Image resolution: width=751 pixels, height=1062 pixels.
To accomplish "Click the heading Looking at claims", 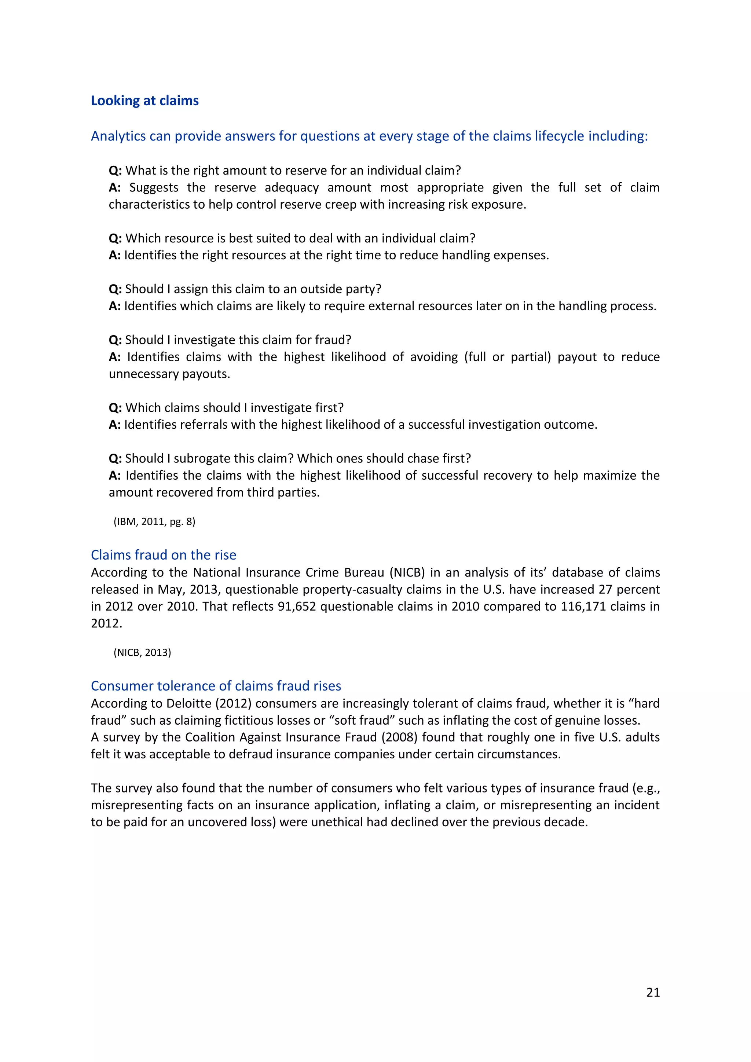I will pos(145,100).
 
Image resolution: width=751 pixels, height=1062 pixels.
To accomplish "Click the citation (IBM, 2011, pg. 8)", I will pos(154,522).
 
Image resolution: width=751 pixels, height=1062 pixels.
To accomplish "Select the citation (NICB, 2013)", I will pos(142,653).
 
